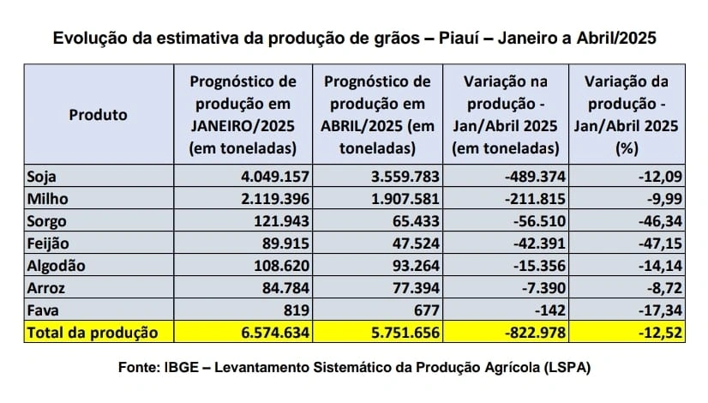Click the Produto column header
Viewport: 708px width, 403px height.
(98, 114)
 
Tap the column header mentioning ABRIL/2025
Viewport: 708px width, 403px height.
(377, 114)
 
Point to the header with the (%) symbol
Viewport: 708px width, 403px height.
(626, 114)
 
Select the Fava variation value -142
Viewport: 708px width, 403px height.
(544, 310)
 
